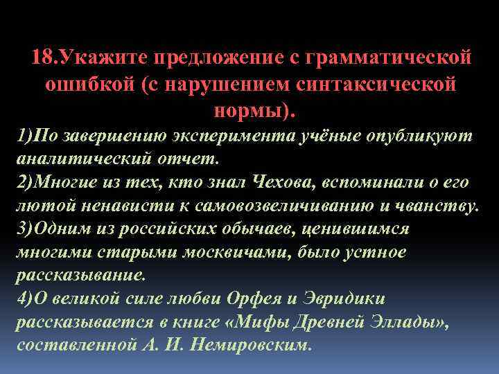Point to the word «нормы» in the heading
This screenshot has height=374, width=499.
pos(247,110)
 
